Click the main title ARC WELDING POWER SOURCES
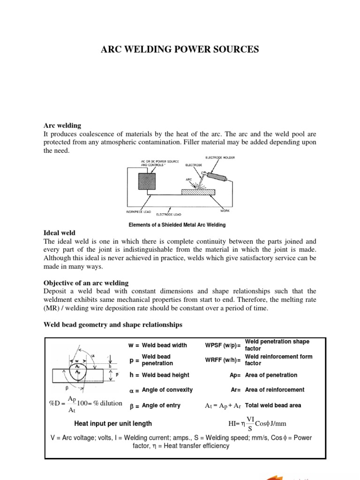(180, 50)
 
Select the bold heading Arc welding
(62, 126)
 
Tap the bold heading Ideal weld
(59, 233)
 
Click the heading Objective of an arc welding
(86, 283)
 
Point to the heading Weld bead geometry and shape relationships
(113, 324)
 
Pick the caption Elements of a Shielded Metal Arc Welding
(180, 225)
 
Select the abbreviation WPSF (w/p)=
(223, 345)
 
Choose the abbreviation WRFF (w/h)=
(223, 360)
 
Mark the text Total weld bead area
(273, 405)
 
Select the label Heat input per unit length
(113, 423)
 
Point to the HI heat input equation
(257, 424)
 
